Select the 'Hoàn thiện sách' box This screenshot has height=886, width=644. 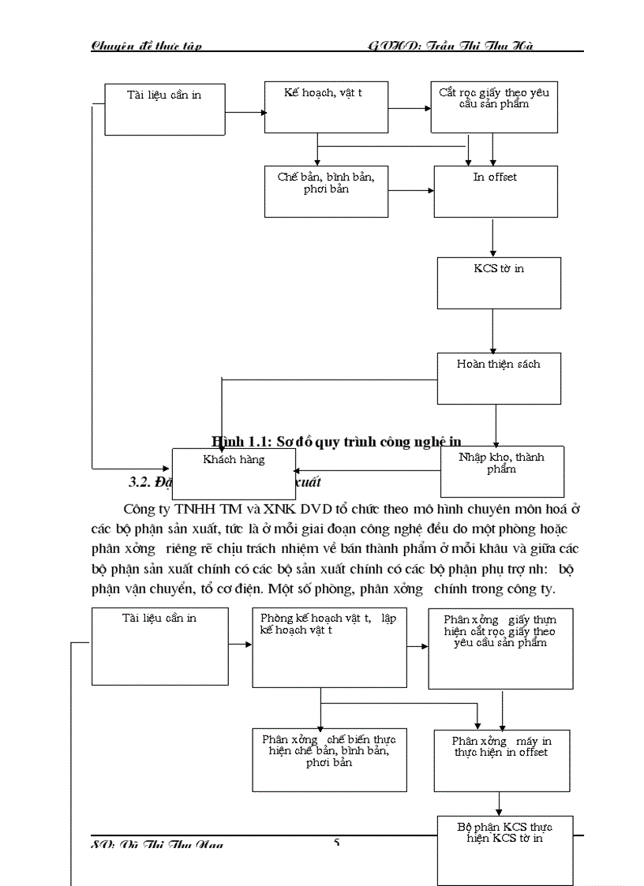pos(499,378)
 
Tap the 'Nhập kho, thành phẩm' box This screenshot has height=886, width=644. pos(502,471)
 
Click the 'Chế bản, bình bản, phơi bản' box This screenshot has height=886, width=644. pos(326,191)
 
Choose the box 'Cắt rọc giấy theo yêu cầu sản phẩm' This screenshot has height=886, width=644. pos(493,107)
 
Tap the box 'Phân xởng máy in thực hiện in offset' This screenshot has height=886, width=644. pos(502,760)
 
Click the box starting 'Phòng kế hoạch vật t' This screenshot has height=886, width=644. pos(329,647)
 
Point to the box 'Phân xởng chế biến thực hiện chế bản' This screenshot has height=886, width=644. pos(329,759)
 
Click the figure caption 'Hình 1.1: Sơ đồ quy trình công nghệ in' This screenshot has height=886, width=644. pos(336,441)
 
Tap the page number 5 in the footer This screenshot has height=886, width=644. pos(337,843)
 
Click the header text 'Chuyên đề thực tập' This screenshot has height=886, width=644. pos(147,46)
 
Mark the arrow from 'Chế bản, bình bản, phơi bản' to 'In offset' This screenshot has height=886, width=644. pos(410,190)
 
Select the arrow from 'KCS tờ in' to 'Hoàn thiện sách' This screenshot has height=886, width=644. pos(493,331)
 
